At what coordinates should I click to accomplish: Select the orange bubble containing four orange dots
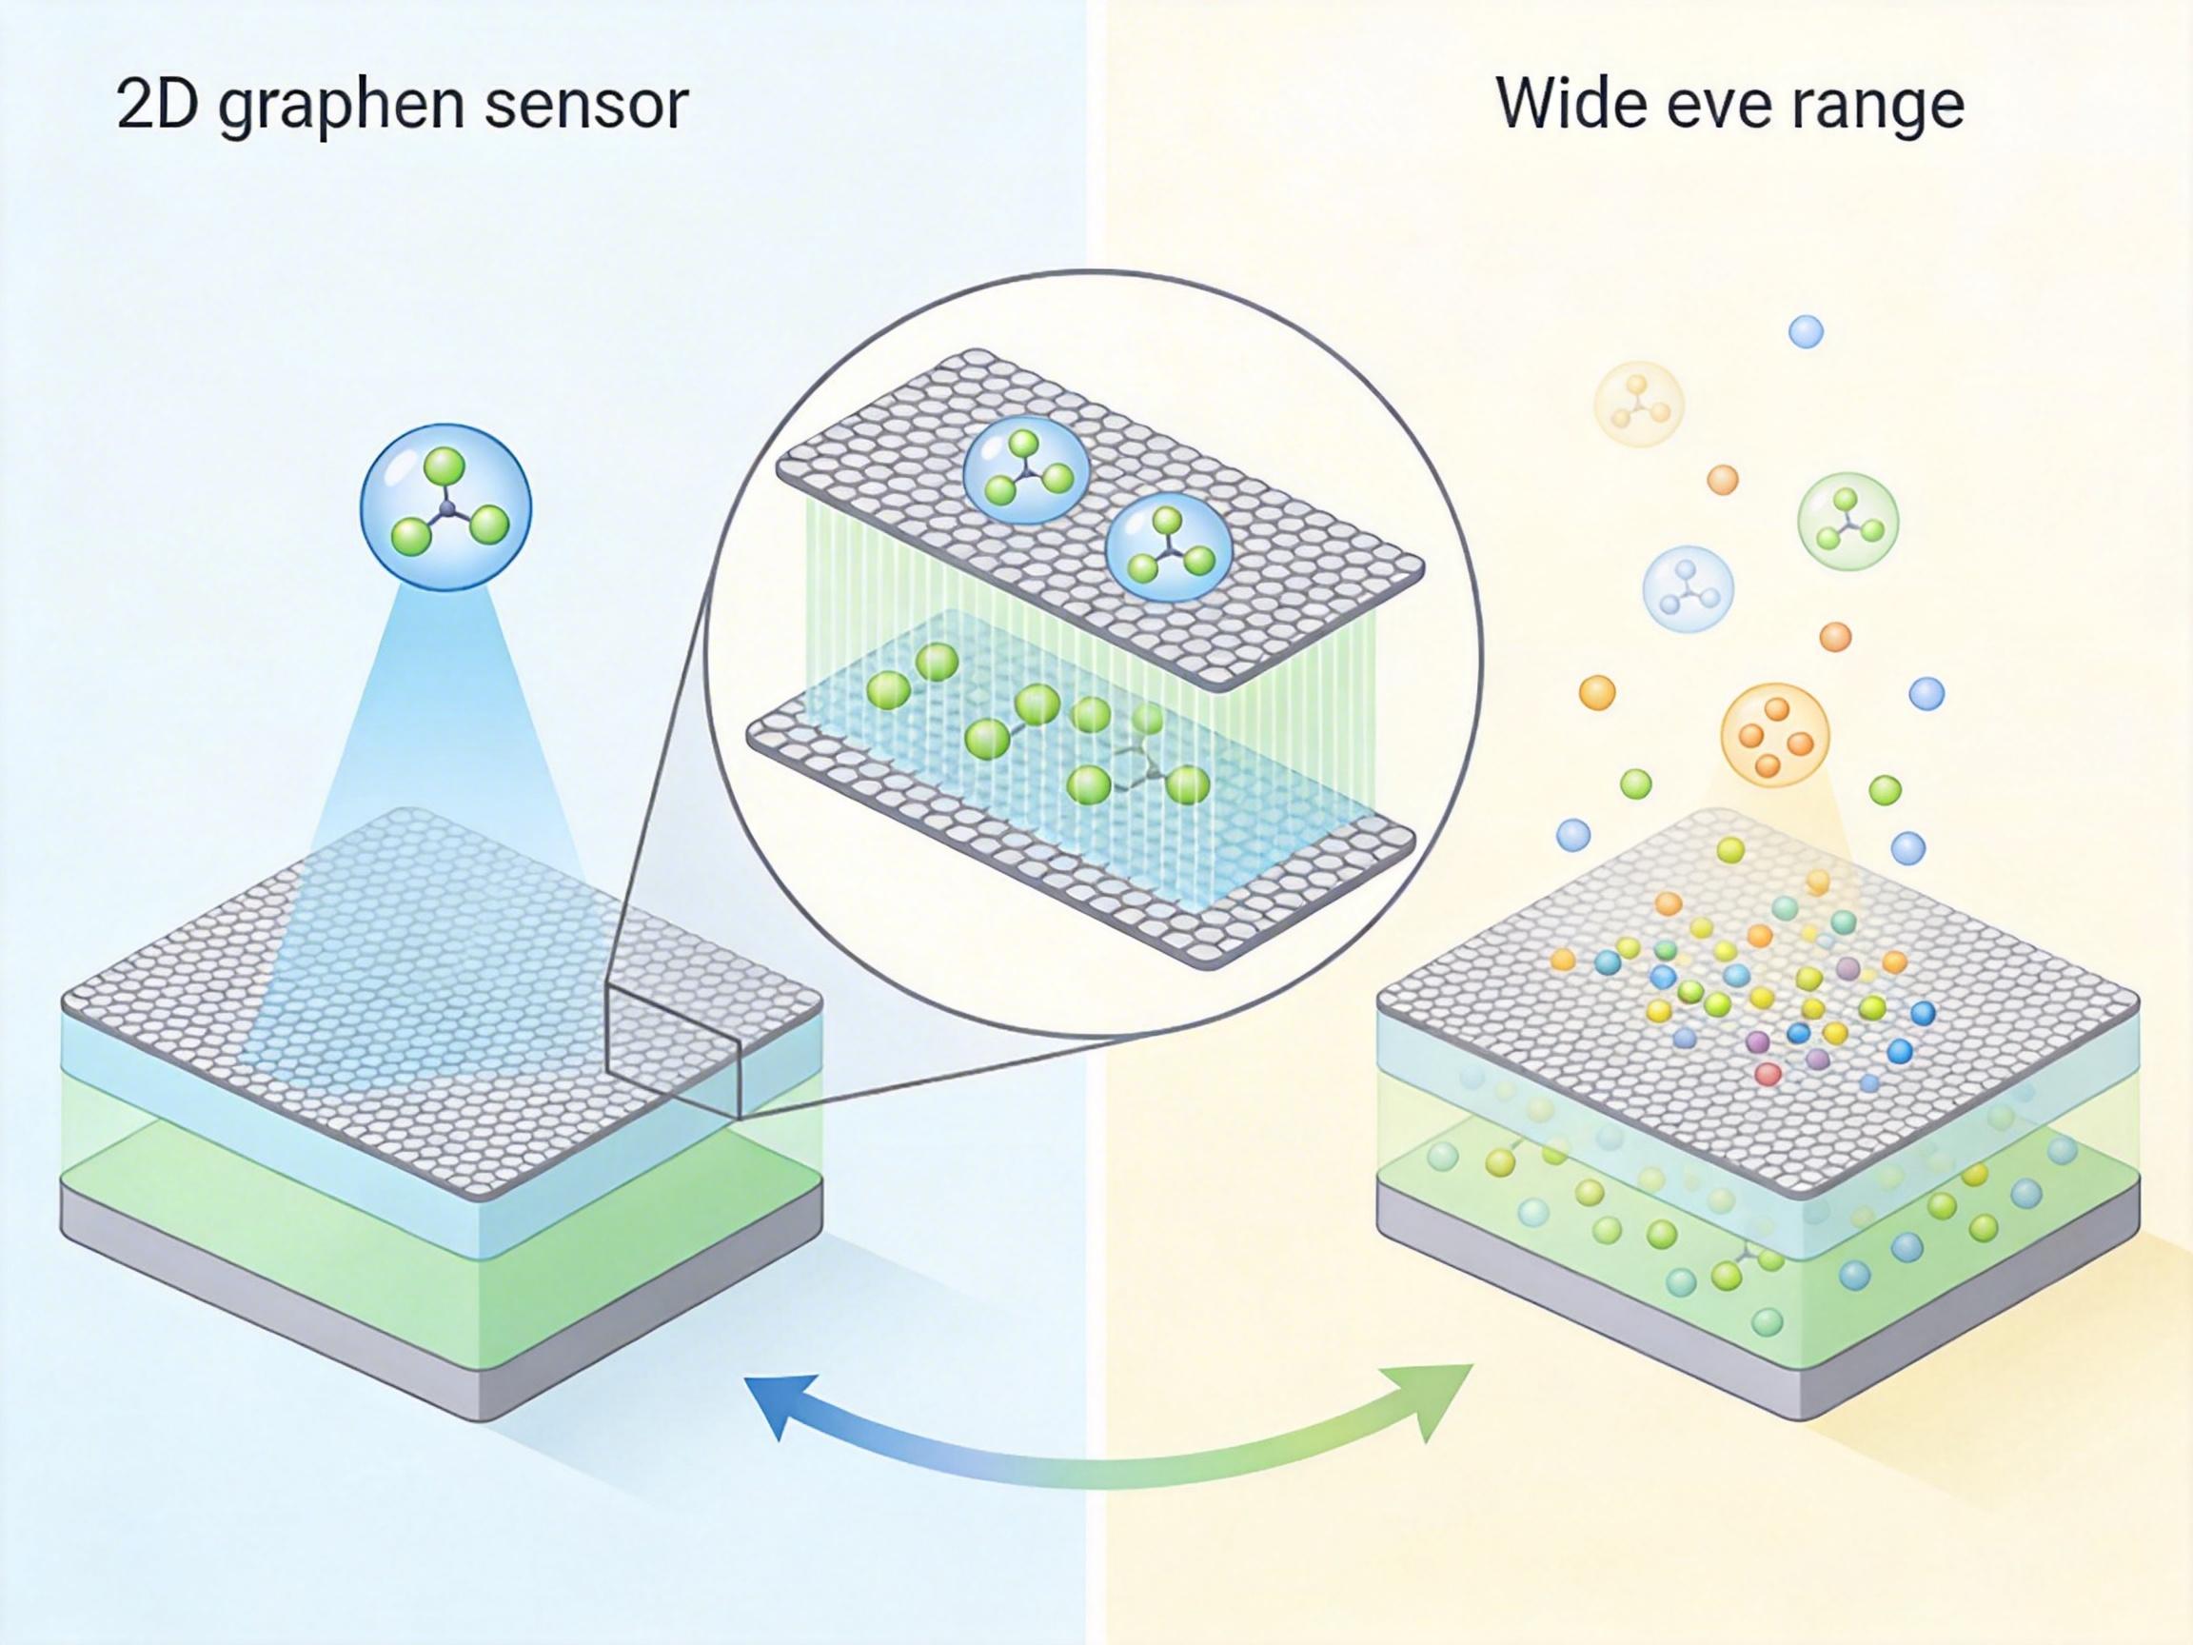[1774, 735]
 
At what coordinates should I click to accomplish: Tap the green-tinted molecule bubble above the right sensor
[1847, 521]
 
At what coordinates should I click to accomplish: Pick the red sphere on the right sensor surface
[1768, 1073]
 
